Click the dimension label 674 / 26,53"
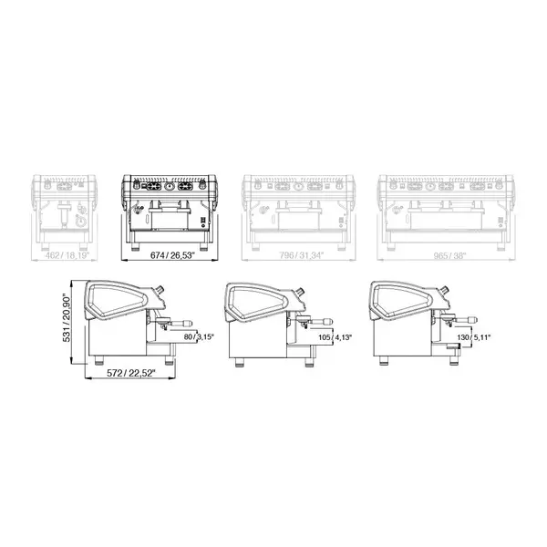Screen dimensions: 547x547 [x=172, y=256]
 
